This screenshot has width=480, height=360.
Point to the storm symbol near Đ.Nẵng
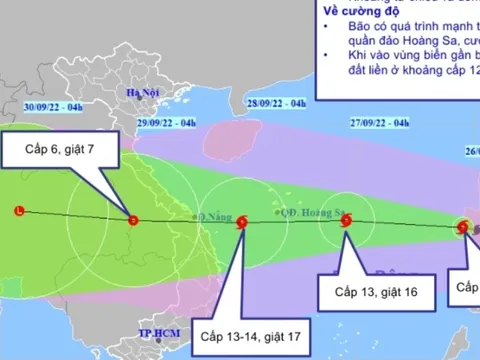[241, 225]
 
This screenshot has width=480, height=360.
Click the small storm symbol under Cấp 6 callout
[133, 220]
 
